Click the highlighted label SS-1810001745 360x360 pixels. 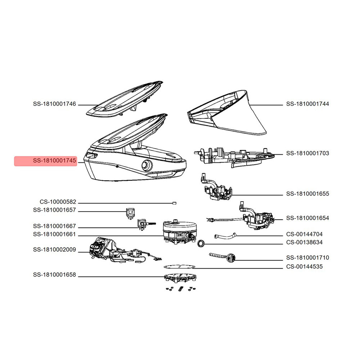point(54,161)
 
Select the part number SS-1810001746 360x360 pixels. point(54,104)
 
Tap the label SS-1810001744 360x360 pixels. point(307,104)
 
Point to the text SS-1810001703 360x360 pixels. point(307,153)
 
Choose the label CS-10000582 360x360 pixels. point(58,202)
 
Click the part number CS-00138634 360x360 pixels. point(304,242)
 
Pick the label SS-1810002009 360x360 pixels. point(54,249)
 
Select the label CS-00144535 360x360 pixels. point(304,266)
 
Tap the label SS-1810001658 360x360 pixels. point(54,275)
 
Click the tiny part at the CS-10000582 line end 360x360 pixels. point(174,203)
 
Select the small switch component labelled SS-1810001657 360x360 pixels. point(130,213)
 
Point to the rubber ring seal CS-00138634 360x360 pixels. point(201,243)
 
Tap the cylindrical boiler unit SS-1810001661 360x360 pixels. point(180,231)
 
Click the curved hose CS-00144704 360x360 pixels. point(225,236)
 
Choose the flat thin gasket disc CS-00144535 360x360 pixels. point(179,267)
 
